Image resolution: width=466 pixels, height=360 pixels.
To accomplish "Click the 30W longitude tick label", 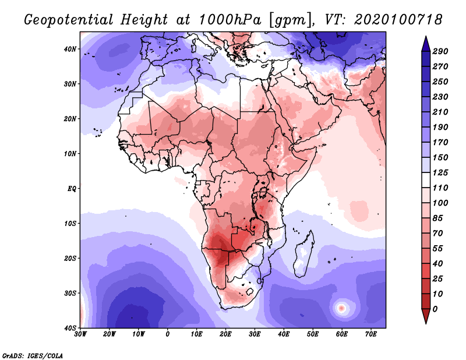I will click(80, 334).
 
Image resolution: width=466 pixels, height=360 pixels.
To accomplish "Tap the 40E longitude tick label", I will click(284, 334).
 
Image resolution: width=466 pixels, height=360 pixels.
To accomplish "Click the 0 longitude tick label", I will click(168, 334).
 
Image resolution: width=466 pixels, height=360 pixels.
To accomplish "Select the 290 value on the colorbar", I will click(440, 51).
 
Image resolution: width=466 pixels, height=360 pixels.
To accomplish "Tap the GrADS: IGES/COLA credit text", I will click(33, 355).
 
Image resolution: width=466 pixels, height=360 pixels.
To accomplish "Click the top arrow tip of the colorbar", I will click(426, 39).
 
